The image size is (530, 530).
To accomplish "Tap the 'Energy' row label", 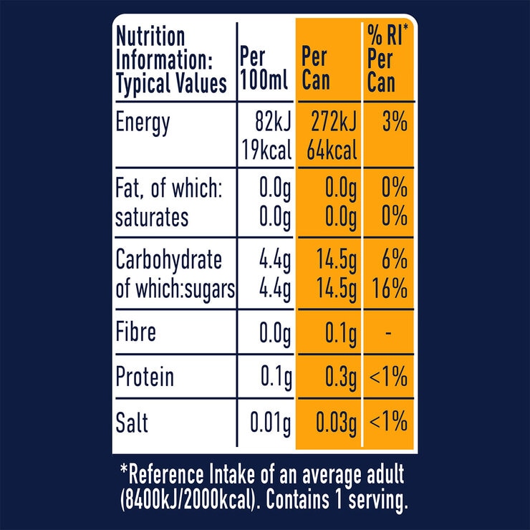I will (x=143, y=123).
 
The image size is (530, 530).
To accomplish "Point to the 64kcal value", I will (x=331, y=151).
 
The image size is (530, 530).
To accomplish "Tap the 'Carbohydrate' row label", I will (x=169, y=261).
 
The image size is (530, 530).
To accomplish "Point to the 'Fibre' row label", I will (x=136, y=333).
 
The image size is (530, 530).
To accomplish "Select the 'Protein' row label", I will (x=145, y=377).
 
